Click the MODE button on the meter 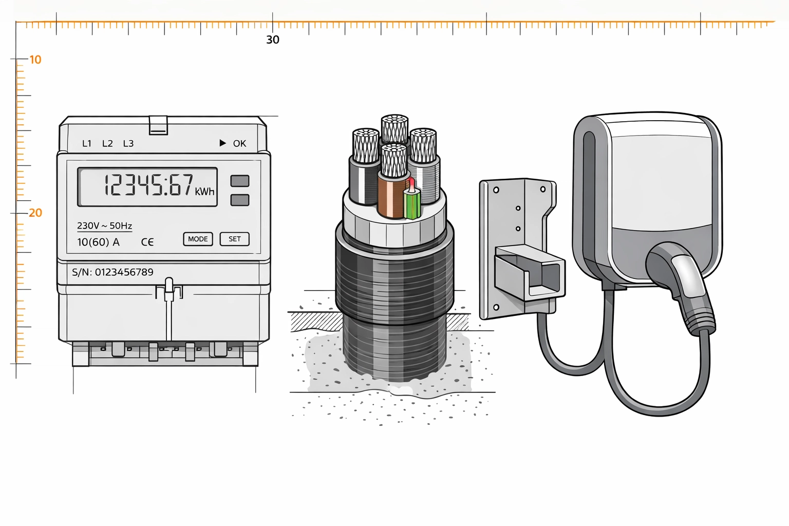pos(198,239)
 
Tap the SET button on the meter pos(235,239)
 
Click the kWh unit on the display pos(204,191)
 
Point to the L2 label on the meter pos(107,143)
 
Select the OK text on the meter pos(239,143)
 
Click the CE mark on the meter pos(147,242)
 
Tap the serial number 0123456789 pos(124,272)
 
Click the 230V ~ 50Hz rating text pos(105,226)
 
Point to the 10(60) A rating pos(98,242)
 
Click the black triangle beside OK pos(222,143)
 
